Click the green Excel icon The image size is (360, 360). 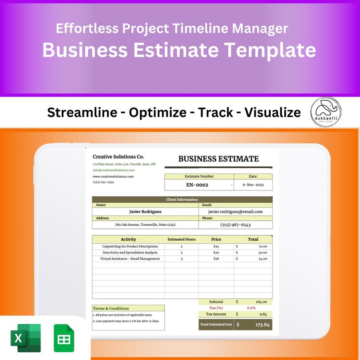pos(25,338)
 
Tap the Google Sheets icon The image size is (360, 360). pos(63,338)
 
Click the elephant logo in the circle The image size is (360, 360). pos(326,112)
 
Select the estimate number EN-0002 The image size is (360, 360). pos(197,185)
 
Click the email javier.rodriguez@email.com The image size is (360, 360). pos(235,211)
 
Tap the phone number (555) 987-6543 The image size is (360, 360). pos(235,224)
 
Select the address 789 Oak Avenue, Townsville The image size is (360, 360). pos(145,224)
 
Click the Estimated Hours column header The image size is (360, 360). pos(181,239)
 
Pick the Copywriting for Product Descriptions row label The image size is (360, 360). pos(130,247)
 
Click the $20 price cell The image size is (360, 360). pos(216,253)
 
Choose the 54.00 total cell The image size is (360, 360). pos(263,259)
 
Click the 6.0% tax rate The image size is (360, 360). pos(251,308)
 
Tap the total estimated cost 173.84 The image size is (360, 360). pos(262,325)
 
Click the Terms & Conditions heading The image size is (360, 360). pos(111,308)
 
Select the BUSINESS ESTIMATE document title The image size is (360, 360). pos(218,159)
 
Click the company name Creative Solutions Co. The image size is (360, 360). pos(118,156)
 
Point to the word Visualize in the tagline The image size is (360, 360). pos(272,112)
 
